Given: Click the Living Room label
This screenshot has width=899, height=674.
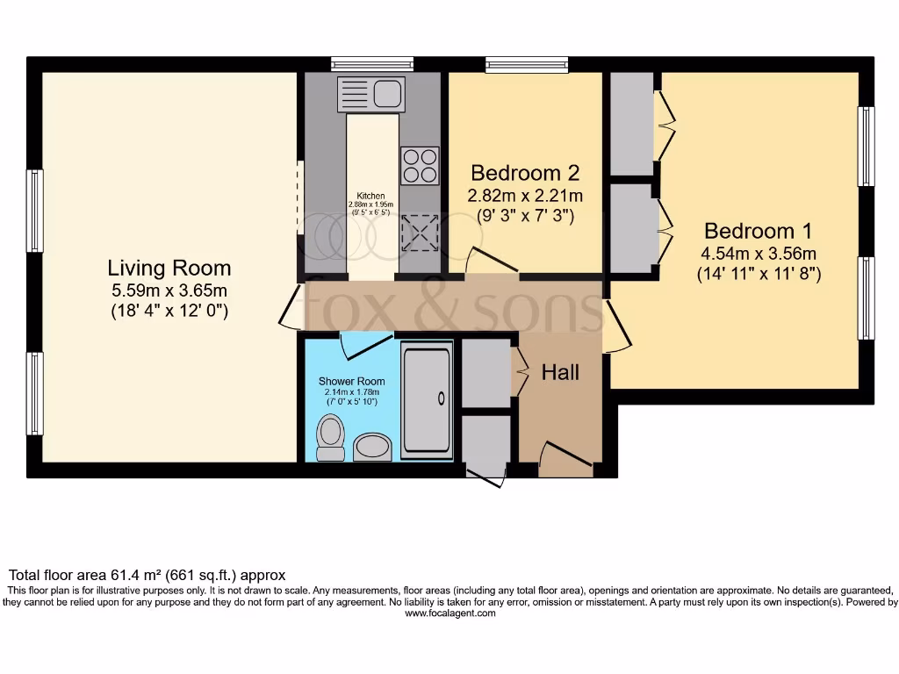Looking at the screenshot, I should click(x=169, y=268).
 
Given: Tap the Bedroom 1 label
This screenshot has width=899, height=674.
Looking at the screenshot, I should click(x=759, y=232).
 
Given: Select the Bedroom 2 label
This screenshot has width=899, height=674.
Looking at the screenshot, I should click(x=525, y=172).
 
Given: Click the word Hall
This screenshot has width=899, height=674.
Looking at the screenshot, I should click(x=560, y=373).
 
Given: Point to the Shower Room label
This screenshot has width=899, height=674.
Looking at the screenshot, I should click(x=347, y=382).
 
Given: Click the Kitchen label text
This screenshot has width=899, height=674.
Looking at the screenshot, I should click(x=370, y=196).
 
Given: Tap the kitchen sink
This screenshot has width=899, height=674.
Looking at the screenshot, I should click(x=370, y=93).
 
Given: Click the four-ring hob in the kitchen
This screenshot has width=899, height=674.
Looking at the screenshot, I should click(x=420, y=165).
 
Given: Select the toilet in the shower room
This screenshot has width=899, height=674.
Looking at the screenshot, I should click(x=330, y=437).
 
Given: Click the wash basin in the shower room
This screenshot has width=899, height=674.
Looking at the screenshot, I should click(x=374, y=447).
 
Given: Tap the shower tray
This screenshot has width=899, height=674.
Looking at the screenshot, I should click(x=427, y=399).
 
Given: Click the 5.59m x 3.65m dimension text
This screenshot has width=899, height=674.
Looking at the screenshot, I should click(x=169, y=290).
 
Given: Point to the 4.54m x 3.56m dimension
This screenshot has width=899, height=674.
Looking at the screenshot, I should click(x=759, y=255).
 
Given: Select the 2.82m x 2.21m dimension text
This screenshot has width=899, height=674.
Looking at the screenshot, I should click(x=525, y=195).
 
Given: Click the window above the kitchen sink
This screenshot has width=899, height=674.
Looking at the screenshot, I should click(x=372, y=63).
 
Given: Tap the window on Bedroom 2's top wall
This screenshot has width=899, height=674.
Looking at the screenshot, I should click(x=527, y=63).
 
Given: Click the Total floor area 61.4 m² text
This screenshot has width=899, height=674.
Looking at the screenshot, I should click(x=147, y=576).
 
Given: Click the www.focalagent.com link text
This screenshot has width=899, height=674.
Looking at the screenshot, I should click(x=449, y=613).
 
